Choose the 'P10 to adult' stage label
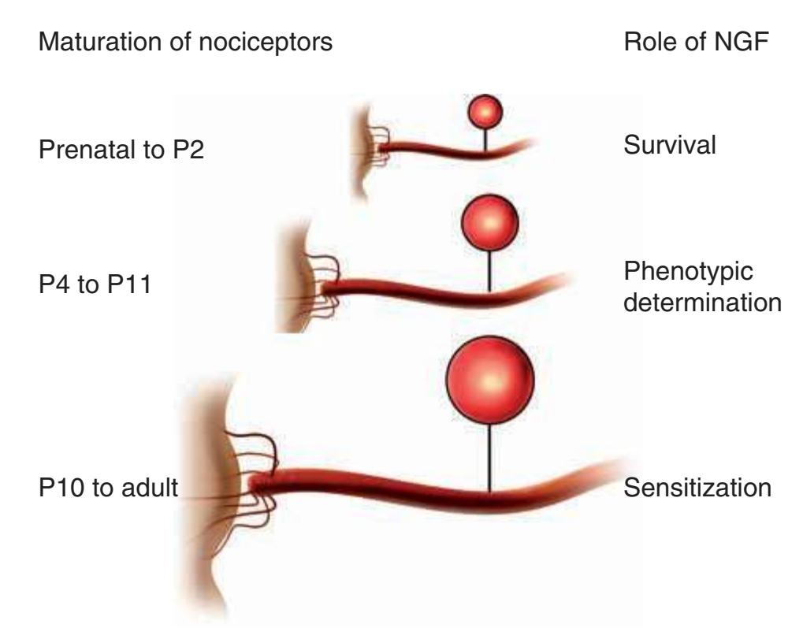pyautogui.click(x=108, y=488)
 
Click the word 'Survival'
pyautogui.click(x=670, y=147)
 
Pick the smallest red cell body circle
pyautogui.click(x=485, y=113)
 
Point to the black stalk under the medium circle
pyautogui.click(x=489, y=268)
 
